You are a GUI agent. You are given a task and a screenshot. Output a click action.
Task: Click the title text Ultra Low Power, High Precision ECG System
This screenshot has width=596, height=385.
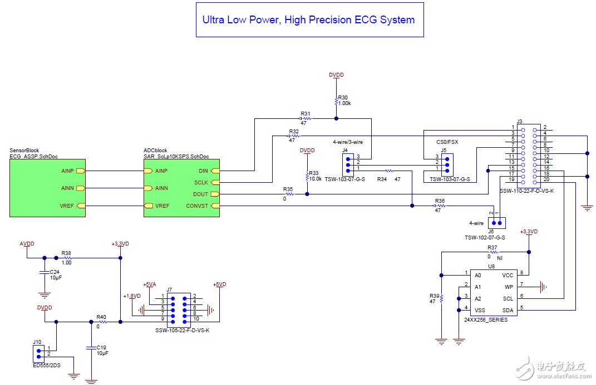click(x=308, y=20)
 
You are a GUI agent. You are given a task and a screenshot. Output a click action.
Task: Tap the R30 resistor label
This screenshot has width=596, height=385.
click(x=343, y=97)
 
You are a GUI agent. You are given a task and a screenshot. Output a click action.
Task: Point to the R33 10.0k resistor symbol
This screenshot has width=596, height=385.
click(x=307, y=176)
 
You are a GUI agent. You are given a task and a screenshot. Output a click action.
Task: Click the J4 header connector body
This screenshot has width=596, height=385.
click(x=348, y=164)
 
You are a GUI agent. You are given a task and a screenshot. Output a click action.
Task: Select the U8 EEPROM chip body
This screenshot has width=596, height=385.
click(x=492, y=292)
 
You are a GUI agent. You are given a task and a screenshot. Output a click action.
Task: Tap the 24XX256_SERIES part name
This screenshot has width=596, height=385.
click(x=486, y=320)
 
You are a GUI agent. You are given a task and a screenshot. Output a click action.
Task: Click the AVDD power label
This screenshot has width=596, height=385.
click(x=27, y=243)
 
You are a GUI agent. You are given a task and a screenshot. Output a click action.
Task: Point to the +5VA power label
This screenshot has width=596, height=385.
click(x=149, y=284)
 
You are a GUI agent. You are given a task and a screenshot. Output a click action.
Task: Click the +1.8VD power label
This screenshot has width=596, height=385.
click(x=131, y=296)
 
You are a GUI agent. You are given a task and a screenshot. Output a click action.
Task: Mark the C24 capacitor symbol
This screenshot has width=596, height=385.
click(x=43, y=273)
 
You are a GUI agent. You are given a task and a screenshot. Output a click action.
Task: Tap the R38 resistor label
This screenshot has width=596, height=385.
click(x=66, y=252)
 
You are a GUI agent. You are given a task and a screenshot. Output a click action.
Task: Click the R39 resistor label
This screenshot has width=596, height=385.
click(x=434, y=296)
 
